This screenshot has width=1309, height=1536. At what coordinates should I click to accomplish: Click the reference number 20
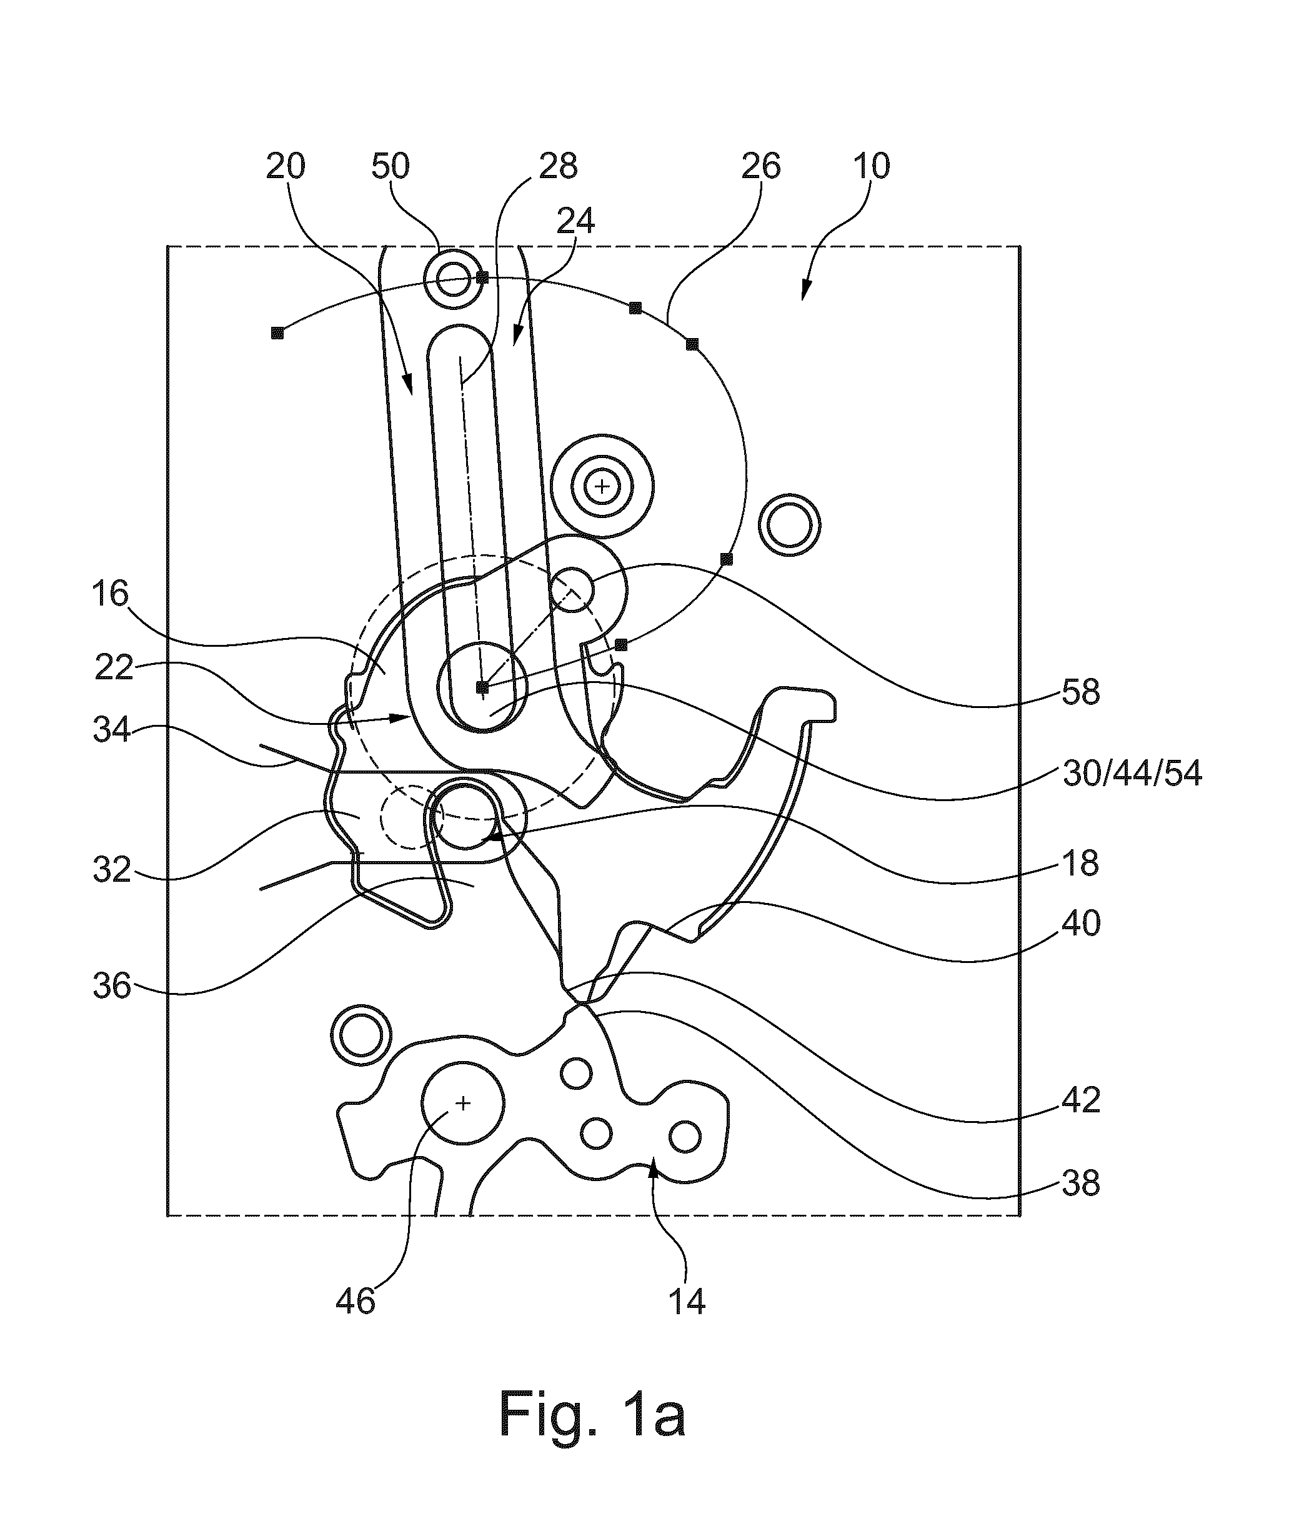pyautogui.click(x=286, y=167)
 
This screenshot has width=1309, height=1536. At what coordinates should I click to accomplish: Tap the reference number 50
pyautogui.click(x=390, y=167)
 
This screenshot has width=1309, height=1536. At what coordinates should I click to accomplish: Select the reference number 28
pyautogui.click(x=558, y=167)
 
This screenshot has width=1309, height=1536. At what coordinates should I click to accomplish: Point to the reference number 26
pyautogui.click(x=760, y=167)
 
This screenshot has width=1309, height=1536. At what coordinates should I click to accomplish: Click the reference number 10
pyautogui.click(x=871, y=167)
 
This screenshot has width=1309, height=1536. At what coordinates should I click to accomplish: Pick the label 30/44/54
pyautogui.click(x=1132, y=774)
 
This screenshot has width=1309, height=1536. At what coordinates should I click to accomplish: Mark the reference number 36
pyautogui.click(x=112, y=987)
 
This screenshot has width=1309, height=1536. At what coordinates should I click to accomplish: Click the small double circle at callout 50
pyautogui.click(x=453, y=280)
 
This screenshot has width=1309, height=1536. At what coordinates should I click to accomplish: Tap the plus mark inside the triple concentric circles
pyautogui.click(x=602, y=487)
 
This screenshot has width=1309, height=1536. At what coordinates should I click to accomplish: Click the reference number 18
pyautogui.click(x=1080, y=864)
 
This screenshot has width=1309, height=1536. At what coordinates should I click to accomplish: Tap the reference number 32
pyautogui.click(x=112, y=870)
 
